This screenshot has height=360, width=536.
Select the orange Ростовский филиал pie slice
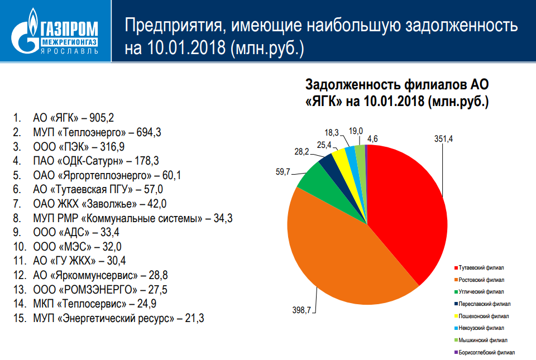[x=341, y=251]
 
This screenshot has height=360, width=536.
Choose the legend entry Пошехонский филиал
[x=482, y=315]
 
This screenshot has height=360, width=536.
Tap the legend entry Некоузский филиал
[x=482, y=328]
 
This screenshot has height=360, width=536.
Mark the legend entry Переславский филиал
[x=485, y=304]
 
